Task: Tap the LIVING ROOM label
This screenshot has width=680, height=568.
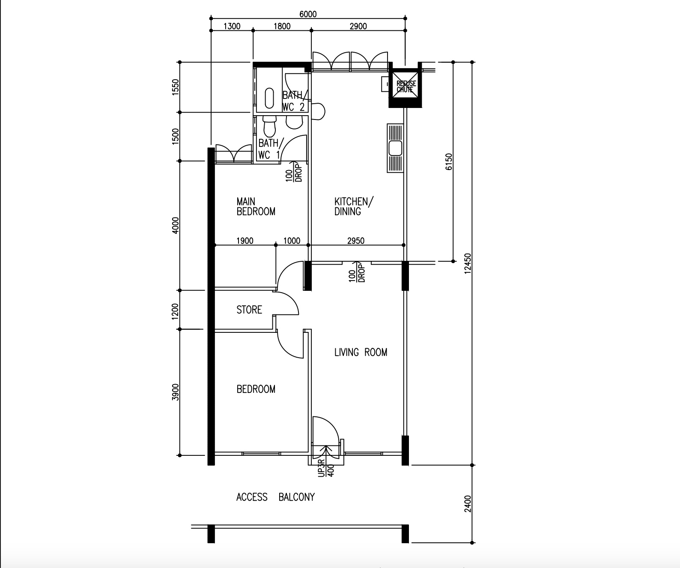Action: click(361, 352)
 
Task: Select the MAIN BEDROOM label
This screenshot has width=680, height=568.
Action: click(256, 206)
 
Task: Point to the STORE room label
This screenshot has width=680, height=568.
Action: click(249, 310)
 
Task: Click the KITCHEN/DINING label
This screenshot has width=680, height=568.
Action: click(354, 206)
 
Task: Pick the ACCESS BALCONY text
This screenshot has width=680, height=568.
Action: click(275, 497)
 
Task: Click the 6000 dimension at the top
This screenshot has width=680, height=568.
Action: click(308, 14)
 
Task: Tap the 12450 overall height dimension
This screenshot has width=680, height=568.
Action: click(468, 263)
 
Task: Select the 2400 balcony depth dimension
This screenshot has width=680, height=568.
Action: click(468, 504)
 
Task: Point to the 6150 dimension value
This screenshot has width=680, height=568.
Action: click(449, 161)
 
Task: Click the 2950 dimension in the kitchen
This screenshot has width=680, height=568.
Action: click(356, 241)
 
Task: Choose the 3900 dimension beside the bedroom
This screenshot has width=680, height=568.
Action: click(175, 392)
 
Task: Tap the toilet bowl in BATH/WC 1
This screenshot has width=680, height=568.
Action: click(269, 126)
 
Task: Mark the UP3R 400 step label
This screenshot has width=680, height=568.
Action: click(326, 468)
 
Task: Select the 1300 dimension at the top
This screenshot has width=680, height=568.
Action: click(232, 26)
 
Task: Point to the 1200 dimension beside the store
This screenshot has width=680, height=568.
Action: click(175, 311)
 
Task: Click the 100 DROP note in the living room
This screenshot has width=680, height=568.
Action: click(357, 273)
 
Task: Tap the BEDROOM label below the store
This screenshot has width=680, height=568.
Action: click(256, 389)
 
